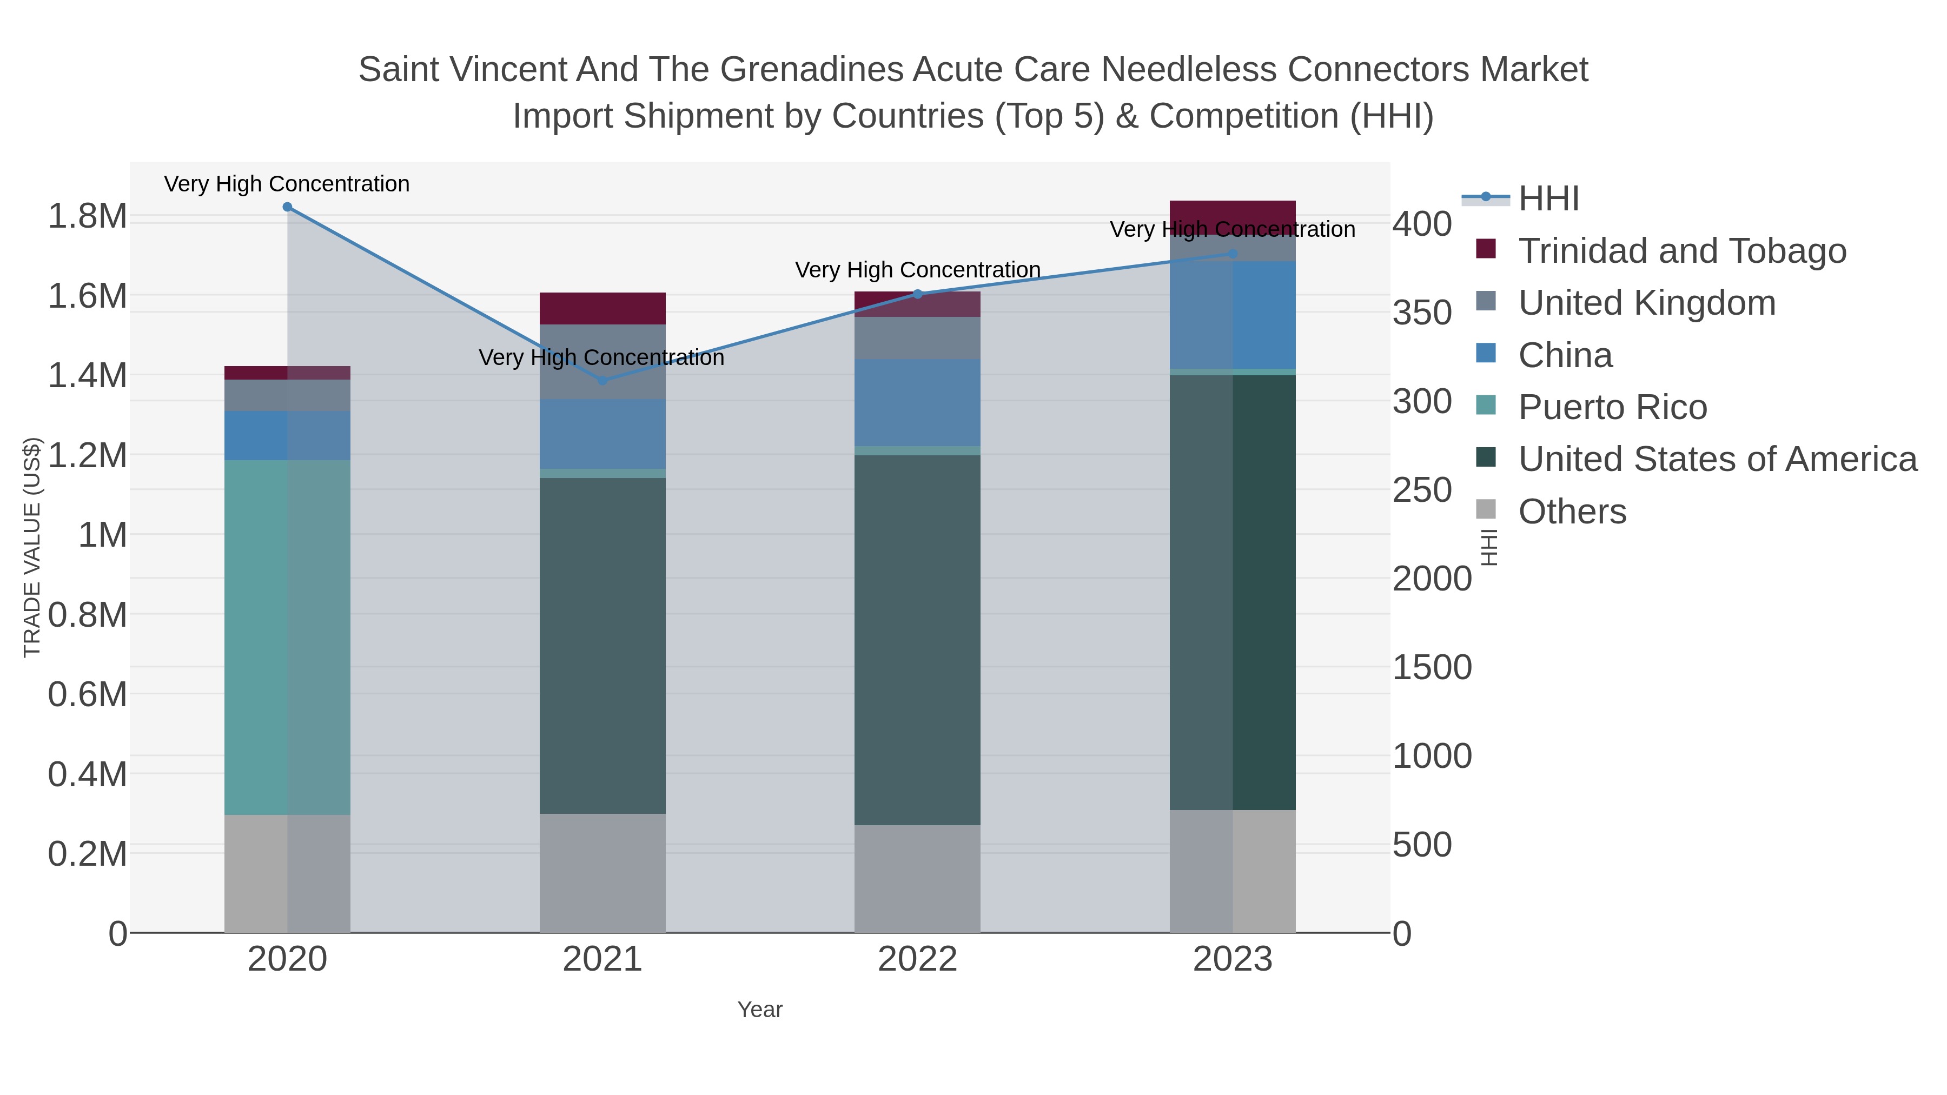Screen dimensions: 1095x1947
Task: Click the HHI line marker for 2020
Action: (287, 207)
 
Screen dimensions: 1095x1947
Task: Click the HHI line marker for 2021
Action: (602, 380)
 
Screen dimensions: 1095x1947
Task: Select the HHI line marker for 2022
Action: (918, 294)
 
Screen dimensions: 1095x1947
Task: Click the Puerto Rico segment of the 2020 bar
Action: (287, 637)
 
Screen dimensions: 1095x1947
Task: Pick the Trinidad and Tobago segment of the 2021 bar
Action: (602, 308)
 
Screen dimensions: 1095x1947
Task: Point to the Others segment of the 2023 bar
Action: (1233, 871)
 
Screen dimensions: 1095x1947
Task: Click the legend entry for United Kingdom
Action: (1646, 303)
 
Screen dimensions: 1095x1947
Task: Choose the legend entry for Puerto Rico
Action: (1612, 407)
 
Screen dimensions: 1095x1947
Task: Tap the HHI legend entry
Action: (1548, 199)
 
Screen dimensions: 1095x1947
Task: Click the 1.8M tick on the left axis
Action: (87, 217)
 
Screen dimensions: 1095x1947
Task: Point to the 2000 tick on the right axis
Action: (1432, 579)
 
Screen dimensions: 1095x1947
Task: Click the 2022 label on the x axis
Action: (918, 959)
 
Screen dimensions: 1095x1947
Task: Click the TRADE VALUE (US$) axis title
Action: (32, 547)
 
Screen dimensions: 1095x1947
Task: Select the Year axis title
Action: (760, 1010)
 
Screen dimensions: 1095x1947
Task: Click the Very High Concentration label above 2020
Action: (287, 184)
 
